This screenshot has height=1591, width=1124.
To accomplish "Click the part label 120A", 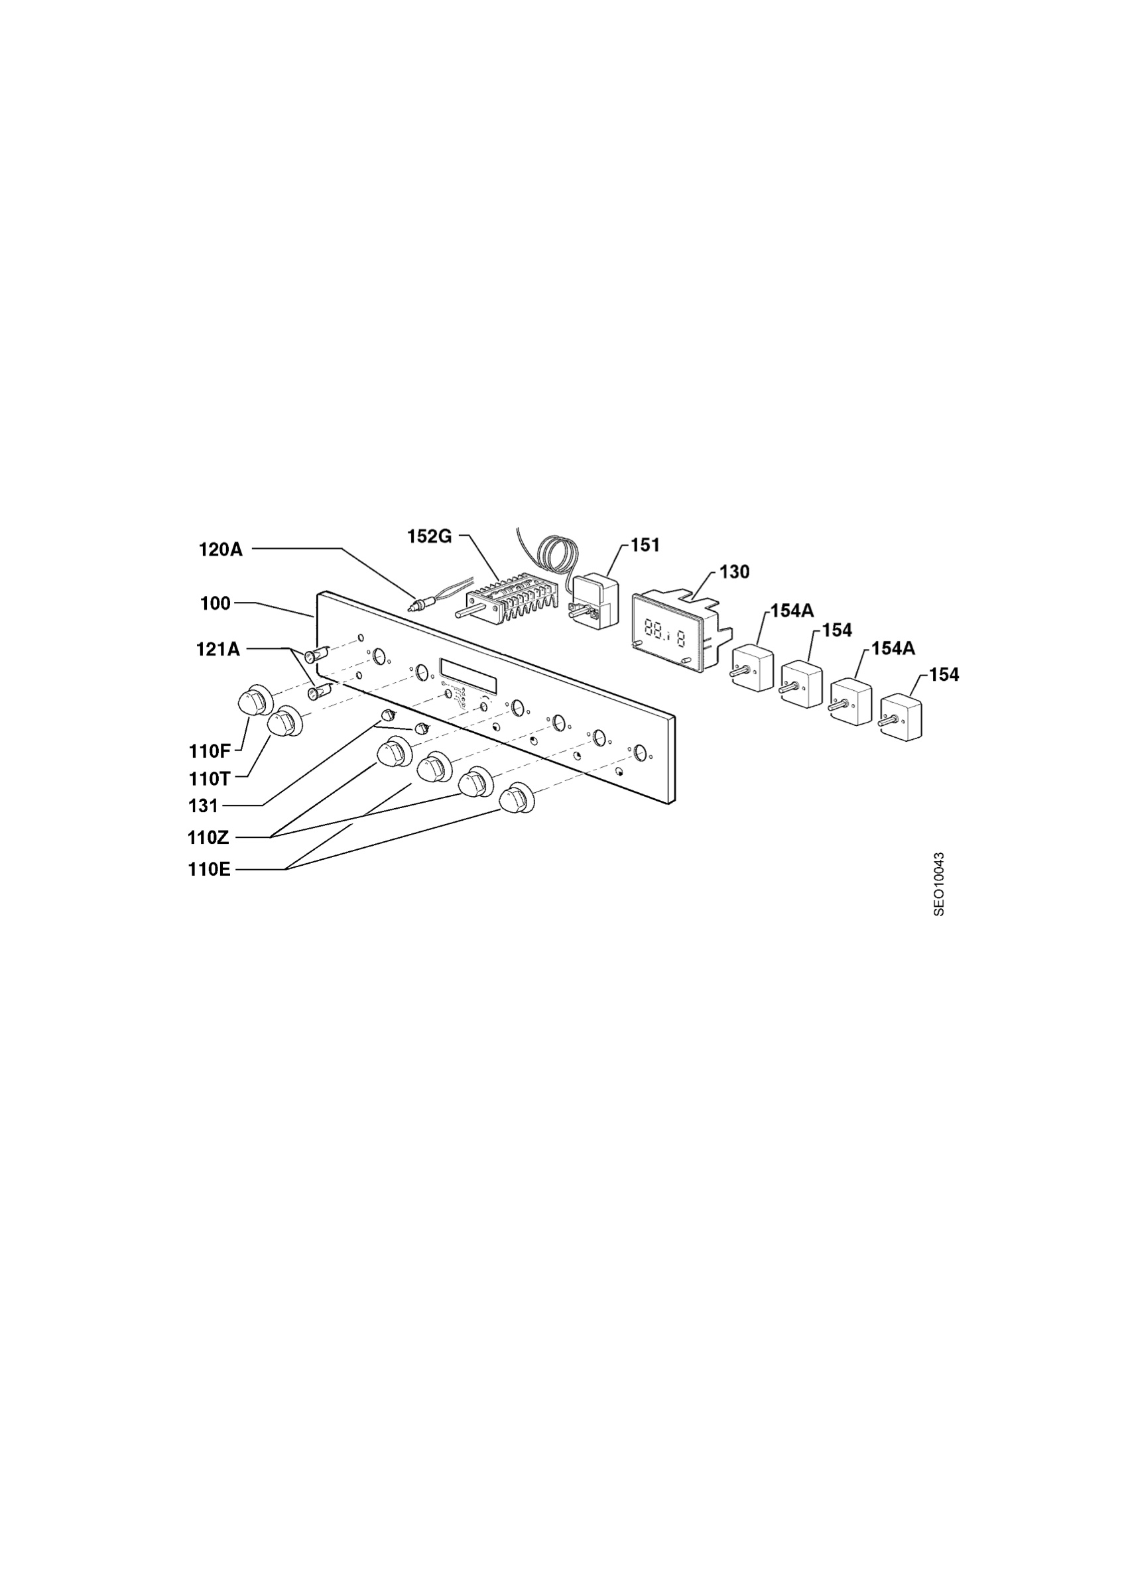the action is (x=220, y=550).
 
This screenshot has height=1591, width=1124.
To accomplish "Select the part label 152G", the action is (x=430, y=536).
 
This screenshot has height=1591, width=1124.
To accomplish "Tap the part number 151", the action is (x=645, y=546).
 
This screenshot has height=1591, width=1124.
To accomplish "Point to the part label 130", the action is (x=735, y=572).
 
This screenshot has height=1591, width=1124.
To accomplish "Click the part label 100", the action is (x=216, y=603).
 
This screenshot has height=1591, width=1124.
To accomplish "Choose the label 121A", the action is (x=218, y=649).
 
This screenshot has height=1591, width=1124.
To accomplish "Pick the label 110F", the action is (x=210, y=751).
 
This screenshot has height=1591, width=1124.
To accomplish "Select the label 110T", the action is (x=210, y=779).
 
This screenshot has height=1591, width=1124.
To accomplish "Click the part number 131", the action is (x=203, y=806).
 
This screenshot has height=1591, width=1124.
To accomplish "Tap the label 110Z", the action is (x=208, y=838).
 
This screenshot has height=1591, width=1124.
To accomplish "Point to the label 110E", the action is (x=210, y=870).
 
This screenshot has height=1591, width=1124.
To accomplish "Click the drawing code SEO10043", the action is (x=939, y=884).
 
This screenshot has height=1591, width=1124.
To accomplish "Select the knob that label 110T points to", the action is (x=284, y=722).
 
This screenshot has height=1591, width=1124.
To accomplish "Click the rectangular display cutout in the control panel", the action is (x=468, y=675).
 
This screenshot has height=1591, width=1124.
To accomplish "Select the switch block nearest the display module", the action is (x=753, y=667).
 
